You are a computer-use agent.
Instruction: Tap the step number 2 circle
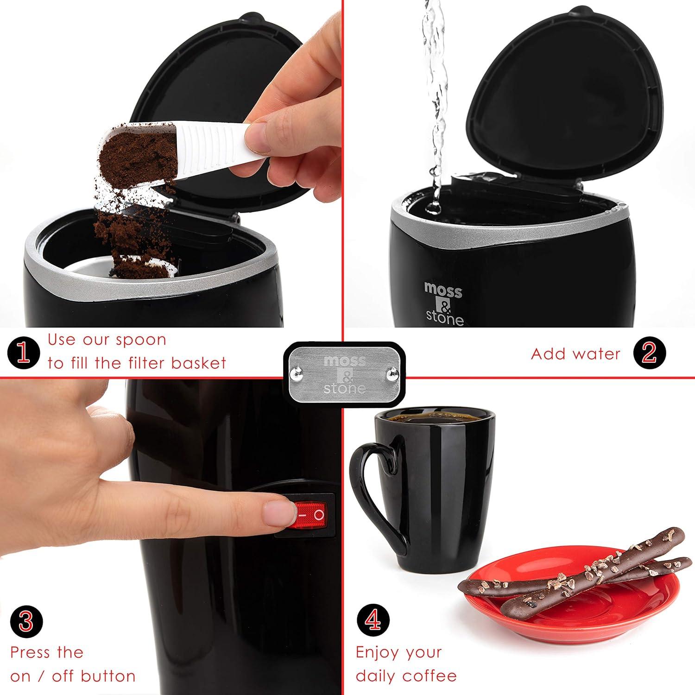650,354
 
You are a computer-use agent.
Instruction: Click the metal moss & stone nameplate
344,374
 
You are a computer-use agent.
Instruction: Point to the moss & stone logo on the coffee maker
444,303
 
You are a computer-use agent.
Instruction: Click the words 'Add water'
575,354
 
